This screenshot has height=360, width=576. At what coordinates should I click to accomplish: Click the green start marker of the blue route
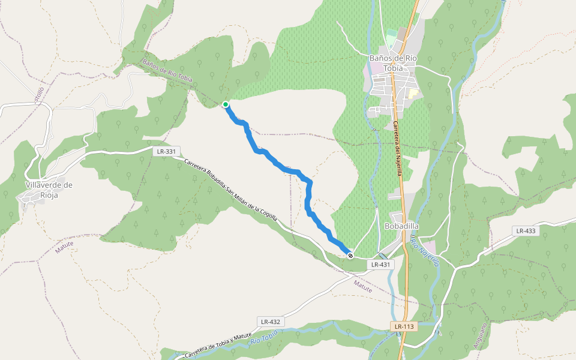pos(226,104)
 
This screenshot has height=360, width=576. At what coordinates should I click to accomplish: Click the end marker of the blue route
pos(350,256)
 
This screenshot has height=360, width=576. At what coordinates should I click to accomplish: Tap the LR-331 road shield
pos(166,151)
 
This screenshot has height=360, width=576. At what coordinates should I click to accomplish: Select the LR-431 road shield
pos(380,264)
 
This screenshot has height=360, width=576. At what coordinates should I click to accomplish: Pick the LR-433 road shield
pos(526,230)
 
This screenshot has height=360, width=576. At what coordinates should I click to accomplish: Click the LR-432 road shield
pos(271,322)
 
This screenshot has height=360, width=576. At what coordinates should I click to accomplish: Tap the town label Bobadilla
pos(401,226)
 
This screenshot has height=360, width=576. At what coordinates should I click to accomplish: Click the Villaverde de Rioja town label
pos(49,190)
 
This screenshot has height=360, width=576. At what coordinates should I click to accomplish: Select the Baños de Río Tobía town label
pos(393,62)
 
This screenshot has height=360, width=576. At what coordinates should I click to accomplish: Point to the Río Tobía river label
pos(264,337)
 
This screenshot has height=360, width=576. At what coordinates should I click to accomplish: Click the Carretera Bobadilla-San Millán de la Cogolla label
pos(230,190)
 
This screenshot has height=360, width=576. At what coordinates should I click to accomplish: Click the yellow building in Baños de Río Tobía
pos(413,94)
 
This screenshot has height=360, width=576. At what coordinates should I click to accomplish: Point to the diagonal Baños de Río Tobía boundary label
pos(167,70)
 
